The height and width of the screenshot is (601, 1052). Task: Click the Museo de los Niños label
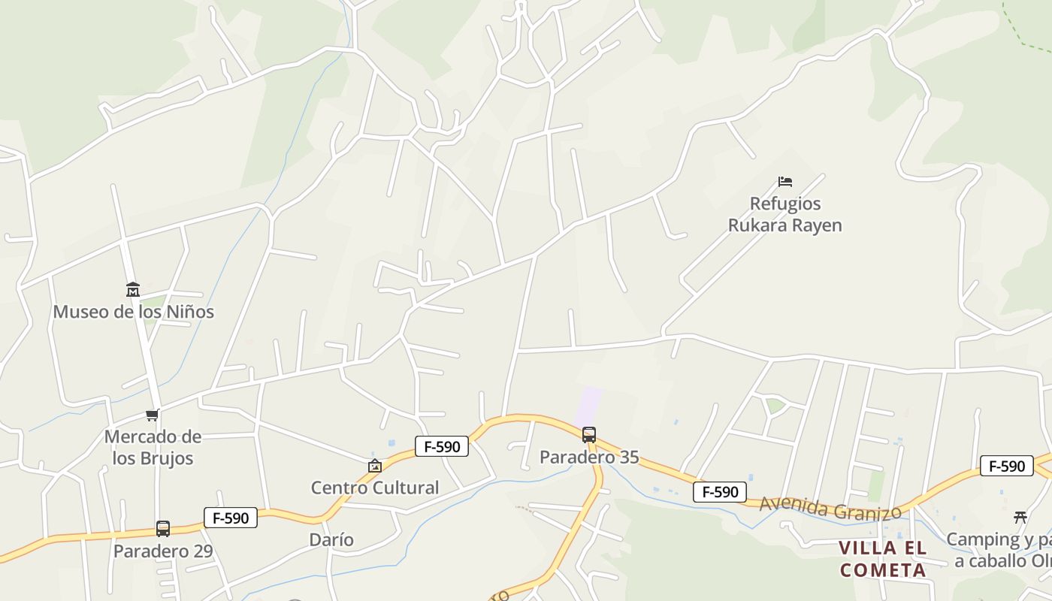coord(133,311)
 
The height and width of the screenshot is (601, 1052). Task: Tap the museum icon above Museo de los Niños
coord(133,290)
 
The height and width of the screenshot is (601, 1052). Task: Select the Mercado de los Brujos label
coord(153,448)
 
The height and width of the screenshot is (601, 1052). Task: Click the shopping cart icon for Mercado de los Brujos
coord(153,415)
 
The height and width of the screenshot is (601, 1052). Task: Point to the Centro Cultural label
coord(375,488)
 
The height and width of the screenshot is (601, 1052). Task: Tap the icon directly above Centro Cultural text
coord(375,466)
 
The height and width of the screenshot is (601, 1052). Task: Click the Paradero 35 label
coord(589,457)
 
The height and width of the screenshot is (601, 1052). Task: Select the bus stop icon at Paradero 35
coord(589,434)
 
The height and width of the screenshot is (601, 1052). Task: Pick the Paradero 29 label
coord(163,551)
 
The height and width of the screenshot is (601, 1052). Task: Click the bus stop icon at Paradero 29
coord(163,529)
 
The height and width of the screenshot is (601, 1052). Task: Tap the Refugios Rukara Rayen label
coord(785,214)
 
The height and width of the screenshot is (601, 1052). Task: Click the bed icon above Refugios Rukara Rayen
coord(785,182)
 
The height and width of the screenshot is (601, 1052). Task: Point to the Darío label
coord(331,539)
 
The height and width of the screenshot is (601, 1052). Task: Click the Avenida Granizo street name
coord(830,509)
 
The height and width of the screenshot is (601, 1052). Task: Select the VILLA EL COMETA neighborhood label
coord(883,559)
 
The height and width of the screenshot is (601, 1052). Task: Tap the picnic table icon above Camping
coord(1020,517)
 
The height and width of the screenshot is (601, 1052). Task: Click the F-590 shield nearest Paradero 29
coord(231,518)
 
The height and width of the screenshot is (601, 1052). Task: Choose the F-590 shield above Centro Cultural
coord(442,446)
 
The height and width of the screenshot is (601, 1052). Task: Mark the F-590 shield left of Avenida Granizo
coord(720,492)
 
